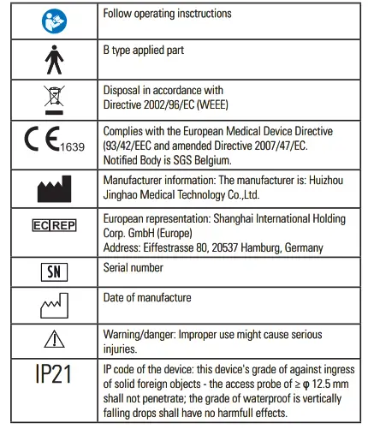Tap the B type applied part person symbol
pyautogui.click(x=53, y=59)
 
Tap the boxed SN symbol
pyautogui.click(x=53, y=271)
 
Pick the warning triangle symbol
pyautogui.click(x=53, y=340)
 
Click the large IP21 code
pyautogui.click(x=53, y=374)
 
